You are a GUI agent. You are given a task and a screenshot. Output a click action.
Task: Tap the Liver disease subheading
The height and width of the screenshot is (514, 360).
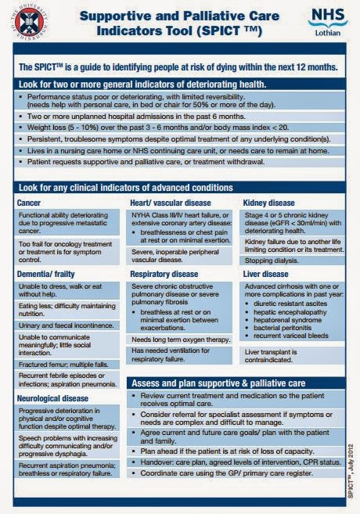[x=266, y=275]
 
